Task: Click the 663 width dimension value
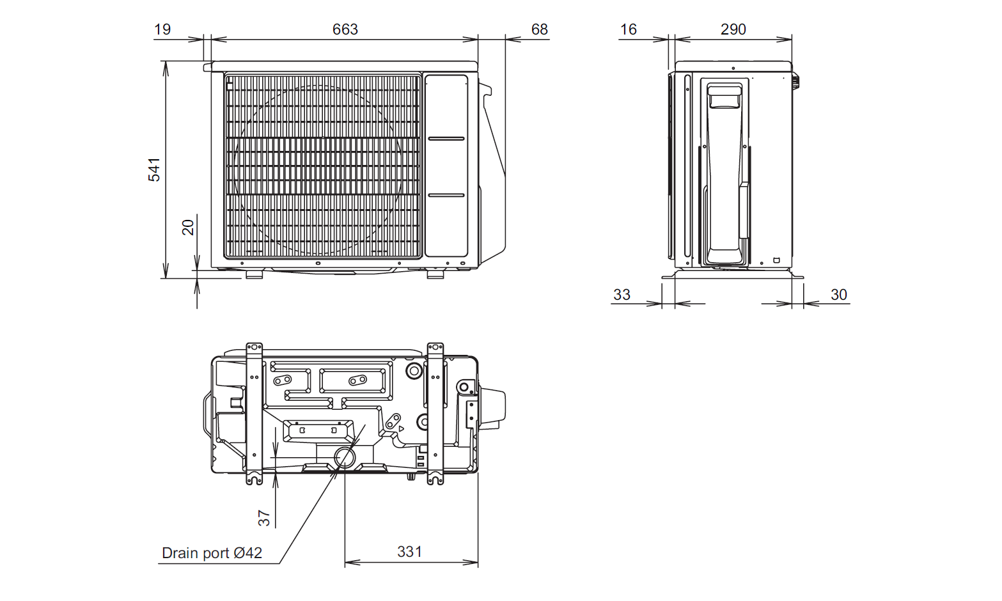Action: pyautogui.click(x=345, y=29)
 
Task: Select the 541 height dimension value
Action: pyautogui.click(x=155, y=169)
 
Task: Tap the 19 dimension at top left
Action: pyautogui.click(x=162, y=29)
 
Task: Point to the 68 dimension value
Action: pyautogui.click(x=539, y=29)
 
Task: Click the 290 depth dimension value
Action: pyautogui.click(x=733, y=29)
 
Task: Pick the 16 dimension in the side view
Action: pyautogui.click(x=628, y=29)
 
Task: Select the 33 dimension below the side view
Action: pyautogui.click(x=622, y=295)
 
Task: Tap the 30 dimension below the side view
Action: pyautogui.click(x=838, y=295)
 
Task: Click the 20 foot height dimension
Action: pyautogui.click(x=188, y=228)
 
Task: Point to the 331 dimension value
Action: pyautogui.click(x=409, y=552)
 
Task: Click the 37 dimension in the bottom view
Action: pyautogui.click(x=264, y=518)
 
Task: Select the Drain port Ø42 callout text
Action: pyautogui.click(x=212, y=553)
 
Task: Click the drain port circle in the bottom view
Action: pyautogui.click(x=345, y=457)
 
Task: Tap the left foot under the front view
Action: pyautogui.click(x=254, y=275)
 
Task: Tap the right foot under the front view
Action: pyautogui.click(x=435, y=275)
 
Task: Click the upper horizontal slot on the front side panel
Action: pyautogui.click(x=446, y=138)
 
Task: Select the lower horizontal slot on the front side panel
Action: pyautogui.click(x=446, y=195)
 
